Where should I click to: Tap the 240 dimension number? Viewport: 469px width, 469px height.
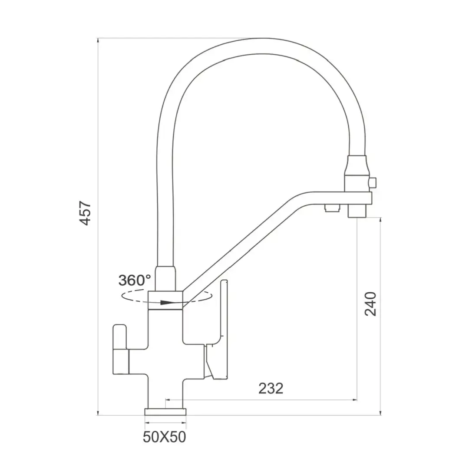pos(370,304)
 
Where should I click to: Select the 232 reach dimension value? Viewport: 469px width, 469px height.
pos(271,388)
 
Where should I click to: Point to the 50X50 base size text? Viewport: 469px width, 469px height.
pos(164,437)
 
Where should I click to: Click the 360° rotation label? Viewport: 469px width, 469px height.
pos(135,280)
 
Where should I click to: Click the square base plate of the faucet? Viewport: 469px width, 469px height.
pos(165,412)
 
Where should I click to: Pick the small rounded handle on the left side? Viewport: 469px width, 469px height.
pos(120,349)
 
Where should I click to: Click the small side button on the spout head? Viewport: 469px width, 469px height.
pos(373,182)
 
